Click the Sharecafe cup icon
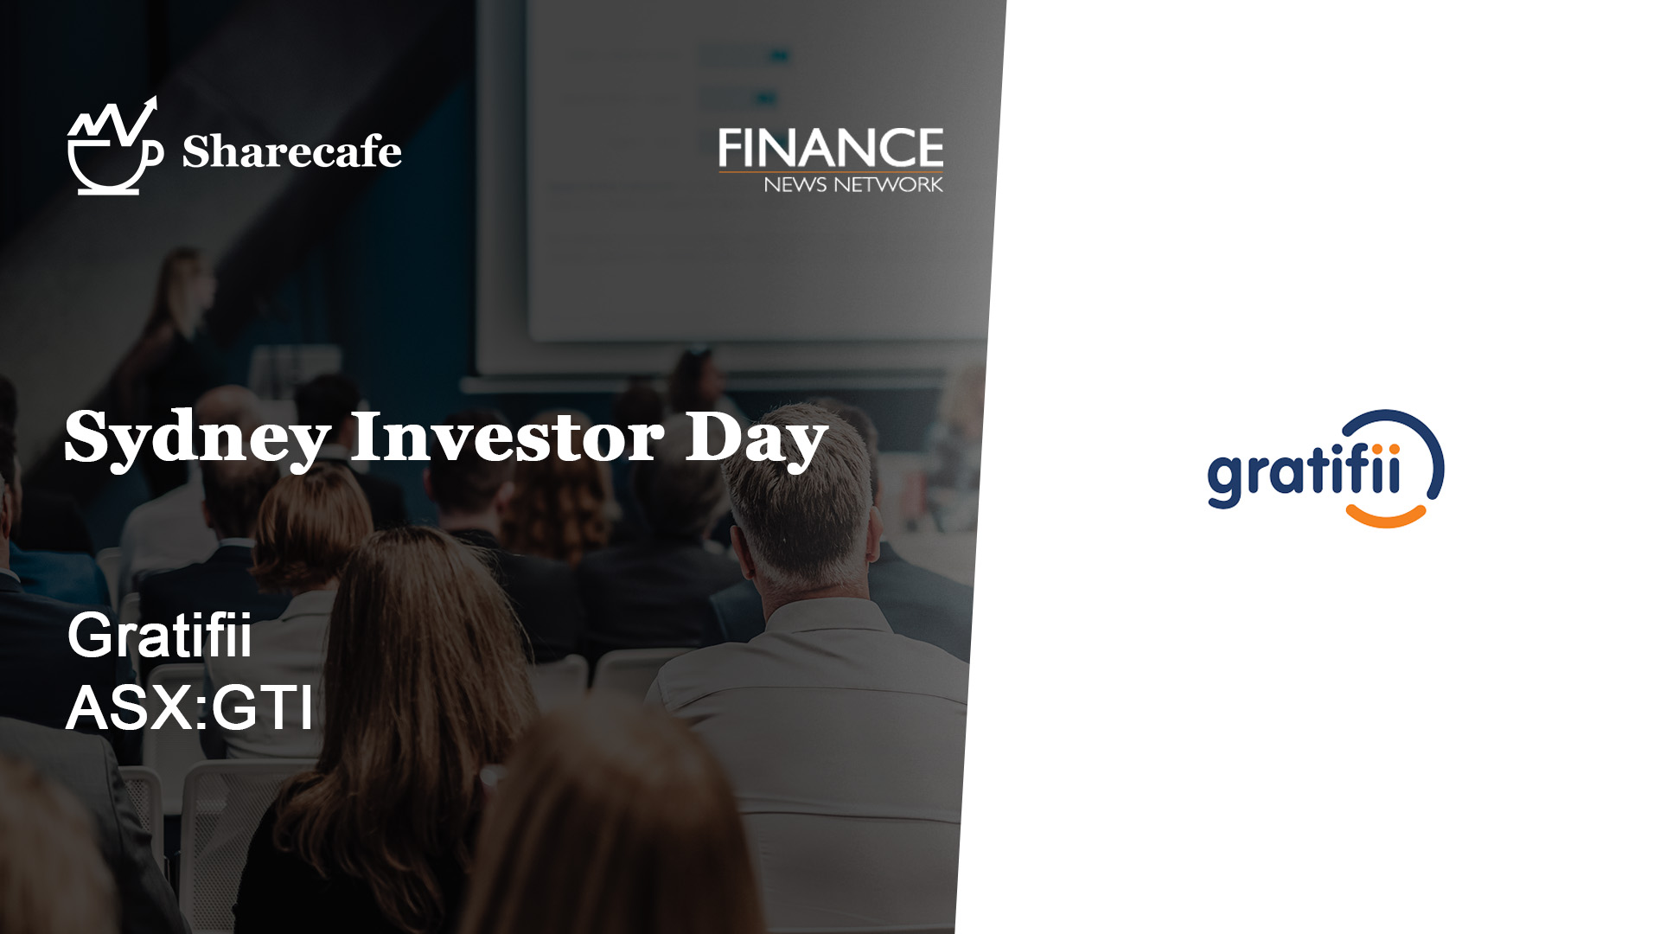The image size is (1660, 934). [115, 147]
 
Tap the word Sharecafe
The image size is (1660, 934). [291, 151]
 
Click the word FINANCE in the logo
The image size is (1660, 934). [831, 148]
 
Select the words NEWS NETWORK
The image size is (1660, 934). [853, 184]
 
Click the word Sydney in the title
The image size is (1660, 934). [198, 438]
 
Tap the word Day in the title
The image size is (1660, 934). [757, 439]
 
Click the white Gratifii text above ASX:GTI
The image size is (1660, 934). [160, 635]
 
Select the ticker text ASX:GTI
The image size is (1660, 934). [189, 707]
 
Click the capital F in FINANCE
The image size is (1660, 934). [731, 148]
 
